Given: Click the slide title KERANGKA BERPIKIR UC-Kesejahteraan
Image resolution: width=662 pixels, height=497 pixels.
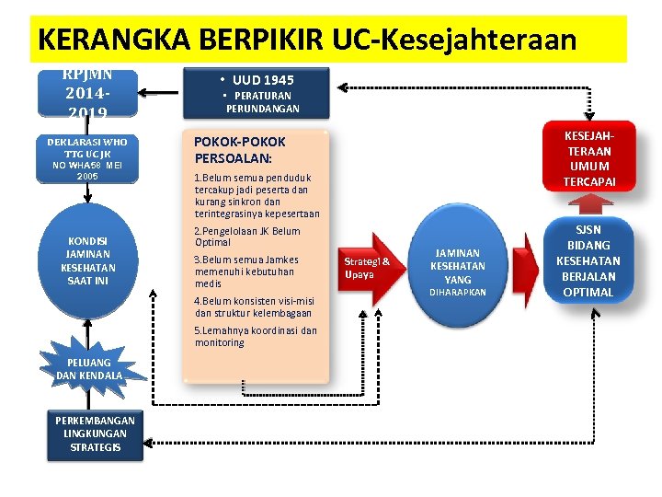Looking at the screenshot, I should click(x=308, y=40).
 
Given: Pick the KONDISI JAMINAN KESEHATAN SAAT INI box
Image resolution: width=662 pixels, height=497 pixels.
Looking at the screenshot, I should click(x=87, y=260).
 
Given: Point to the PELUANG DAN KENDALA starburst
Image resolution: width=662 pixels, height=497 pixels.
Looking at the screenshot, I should click(x=88, y=368).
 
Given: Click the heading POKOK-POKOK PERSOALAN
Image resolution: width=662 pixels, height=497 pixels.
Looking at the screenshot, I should click(x=240, y=150).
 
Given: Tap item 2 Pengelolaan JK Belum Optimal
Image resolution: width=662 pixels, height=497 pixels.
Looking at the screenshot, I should click(x=247, y=237).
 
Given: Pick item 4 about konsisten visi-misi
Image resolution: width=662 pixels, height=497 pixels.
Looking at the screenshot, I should click(x=254, y=306).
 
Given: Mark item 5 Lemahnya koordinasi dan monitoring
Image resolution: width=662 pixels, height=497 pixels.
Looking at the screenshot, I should click(x=255, y=336).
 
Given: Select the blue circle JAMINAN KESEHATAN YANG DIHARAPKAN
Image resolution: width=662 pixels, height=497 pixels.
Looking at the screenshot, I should click(x=458, y=267).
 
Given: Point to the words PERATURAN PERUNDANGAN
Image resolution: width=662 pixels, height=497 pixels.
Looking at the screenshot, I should click(x=263, y=102).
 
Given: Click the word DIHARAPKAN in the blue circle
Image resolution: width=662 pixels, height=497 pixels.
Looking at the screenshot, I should click(x=458, y=293).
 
